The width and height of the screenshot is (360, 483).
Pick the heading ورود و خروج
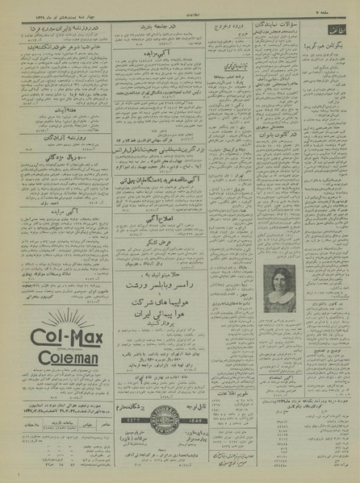235,27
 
